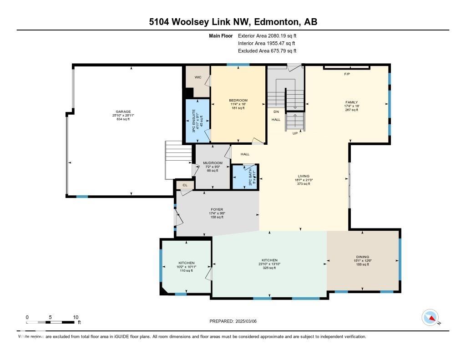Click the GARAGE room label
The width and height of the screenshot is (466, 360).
coord(123,112)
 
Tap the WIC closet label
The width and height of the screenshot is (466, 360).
coord(198,77)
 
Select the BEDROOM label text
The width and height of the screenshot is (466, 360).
coord(238,100)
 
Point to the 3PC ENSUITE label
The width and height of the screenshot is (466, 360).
coord(193,121)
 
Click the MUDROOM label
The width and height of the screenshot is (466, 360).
coord(213,163)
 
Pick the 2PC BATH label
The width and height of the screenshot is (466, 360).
coord(250,177)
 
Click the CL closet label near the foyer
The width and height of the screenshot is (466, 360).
coord(185,185)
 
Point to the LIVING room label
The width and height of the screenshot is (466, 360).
coord(304,176)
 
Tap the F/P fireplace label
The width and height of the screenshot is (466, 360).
coord(347,73)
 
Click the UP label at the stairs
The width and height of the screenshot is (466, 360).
coord(295,133)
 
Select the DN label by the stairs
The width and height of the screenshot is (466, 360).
coord(276,112)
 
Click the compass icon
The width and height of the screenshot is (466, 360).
coord(430,317)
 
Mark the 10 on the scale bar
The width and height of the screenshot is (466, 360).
coord(76,317)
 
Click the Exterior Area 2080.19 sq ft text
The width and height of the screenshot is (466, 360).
coord(270,35)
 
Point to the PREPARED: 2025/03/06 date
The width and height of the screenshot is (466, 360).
coord(233,321)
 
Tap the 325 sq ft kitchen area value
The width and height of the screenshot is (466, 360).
coord(269,268)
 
